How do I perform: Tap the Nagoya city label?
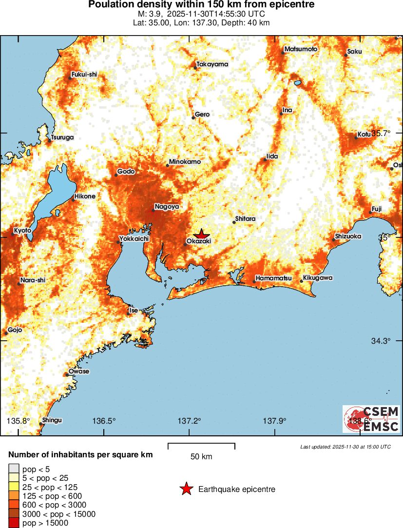pyautogui.click(x=167, y=207)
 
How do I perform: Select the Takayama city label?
pyautogui.click(x=212, y=64)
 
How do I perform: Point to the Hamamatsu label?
pyautogui.click(x=273, y=278)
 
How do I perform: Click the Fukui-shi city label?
pyautogui.click(x=84, y=74)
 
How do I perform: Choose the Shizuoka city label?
pyautogui.click(x=348, y=236)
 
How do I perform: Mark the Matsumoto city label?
pyautogui.click(x=301, y=49)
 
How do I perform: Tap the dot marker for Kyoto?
pyautogui.click(x=13, y=235)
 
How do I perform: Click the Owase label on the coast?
pyautogui.click(x=79, y=372)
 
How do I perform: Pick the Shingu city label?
pyautogui.click(x=52, y=420)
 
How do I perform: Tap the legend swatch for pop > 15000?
pyautogui.click(x=13, y=523)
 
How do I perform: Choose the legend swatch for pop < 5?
pyautogui.click(x=13, y=469)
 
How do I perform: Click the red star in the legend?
pyautogui.click(x=186, y=489)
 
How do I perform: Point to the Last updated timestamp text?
pyautogui.click(x=345, y=447)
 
